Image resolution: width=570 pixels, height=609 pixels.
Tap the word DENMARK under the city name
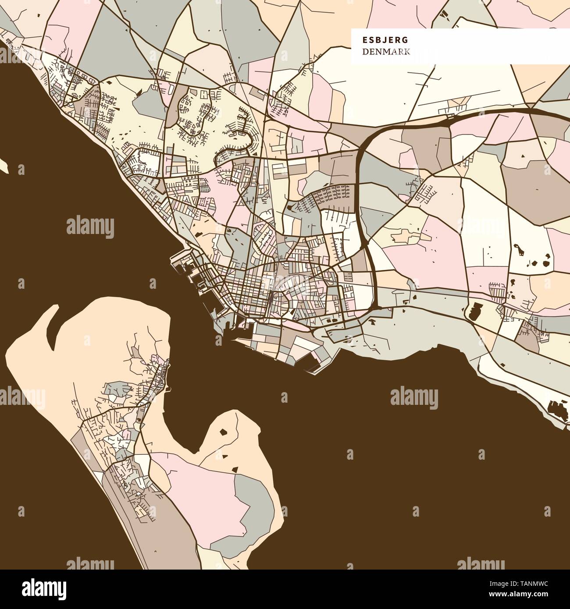[x=386, y=52]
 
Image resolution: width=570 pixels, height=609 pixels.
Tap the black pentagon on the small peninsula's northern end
[x=224, y=432]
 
